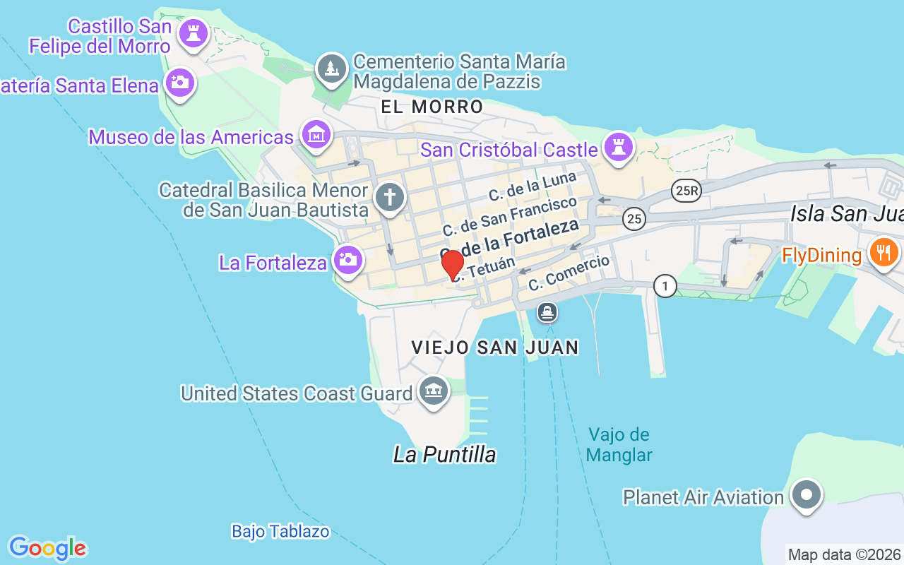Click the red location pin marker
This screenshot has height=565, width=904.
tap(453, 266)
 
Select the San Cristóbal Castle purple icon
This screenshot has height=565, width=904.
tap(619, 148)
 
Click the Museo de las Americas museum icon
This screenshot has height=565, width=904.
tap(316, 134)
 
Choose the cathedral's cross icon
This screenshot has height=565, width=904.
tap(389, 197)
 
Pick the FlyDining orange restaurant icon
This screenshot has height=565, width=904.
tap(883, 252)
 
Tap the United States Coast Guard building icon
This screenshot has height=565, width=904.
tap(433, 391)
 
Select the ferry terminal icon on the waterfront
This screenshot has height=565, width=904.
tap(547, 311)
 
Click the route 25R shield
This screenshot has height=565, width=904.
tap(685, 191)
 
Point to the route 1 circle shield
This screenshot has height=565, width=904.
tap(665, 286)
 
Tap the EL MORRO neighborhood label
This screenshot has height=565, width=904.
tap(432, 107)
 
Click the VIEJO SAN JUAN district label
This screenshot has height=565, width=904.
tap(495, 347)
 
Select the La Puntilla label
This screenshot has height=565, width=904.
tap(444, 455)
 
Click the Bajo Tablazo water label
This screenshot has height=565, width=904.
tap(280, 531)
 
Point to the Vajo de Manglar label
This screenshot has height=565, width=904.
tap(619, 445)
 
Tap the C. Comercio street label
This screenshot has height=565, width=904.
tap(569, 273)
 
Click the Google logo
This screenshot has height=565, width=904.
tap(47, 547)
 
